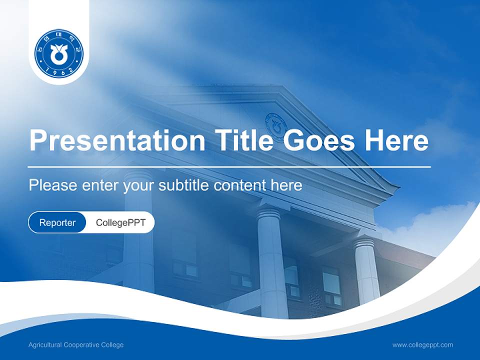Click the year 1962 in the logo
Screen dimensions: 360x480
59,71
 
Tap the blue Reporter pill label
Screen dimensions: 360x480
57,222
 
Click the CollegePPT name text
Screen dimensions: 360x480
120,222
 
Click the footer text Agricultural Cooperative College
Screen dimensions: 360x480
76,345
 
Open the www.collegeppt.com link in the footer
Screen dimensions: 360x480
422,345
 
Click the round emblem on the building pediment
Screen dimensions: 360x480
275,123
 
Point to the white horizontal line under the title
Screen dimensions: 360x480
229,166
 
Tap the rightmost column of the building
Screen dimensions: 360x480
366,270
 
